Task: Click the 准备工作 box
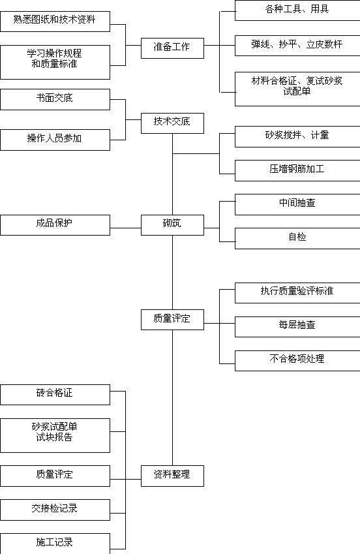point(172,48)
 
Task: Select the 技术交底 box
point(172,123)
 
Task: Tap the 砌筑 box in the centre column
point(172,224)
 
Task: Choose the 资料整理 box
point(172,476)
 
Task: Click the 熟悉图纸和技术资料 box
point(55,21)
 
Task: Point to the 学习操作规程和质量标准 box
point(55,62)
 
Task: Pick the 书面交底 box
point(55,99)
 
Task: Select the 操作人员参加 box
point(55,140)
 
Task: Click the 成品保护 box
point(55,224)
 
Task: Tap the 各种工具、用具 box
point(297,10)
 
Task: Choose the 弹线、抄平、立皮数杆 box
point(297,45)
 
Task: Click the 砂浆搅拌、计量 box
point(297,136)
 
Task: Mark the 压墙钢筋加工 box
point(297,170)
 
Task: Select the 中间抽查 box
point(297,204)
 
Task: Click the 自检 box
point(297,238)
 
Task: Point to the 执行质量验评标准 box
point(297,292)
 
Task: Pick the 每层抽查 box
point(297,326)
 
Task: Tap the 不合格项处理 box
point(297,360)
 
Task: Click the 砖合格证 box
point(55,395)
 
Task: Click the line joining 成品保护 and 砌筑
point(125,228)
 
